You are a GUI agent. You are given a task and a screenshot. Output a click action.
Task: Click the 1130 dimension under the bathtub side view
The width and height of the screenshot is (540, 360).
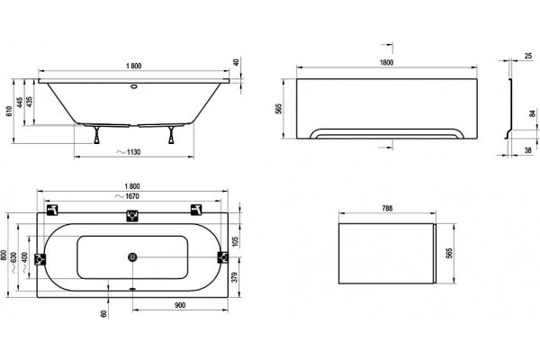[129, 152]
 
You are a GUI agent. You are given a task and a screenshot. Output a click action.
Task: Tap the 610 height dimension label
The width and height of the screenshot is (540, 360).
[9, 111]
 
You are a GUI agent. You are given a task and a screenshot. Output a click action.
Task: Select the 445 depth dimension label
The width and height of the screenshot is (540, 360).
[20, 102]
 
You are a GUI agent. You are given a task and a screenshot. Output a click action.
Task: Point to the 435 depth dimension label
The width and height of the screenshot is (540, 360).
[30, 102]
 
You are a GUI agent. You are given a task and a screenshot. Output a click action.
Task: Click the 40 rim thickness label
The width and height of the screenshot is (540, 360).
[236, 62]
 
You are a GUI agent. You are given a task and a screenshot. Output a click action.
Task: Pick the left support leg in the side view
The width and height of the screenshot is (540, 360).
[97, 135]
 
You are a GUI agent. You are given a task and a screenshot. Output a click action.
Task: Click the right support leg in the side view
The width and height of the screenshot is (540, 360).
[171, 135]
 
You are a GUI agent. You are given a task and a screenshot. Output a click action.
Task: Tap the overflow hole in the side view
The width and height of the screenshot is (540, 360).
[133, 86]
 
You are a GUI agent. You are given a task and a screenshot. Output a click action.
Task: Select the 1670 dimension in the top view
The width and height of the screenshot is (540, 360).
[128, 196]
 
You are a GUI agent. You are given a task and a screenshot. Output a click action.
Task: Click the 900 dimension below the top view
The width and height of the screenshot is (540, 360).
[180, 305]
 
